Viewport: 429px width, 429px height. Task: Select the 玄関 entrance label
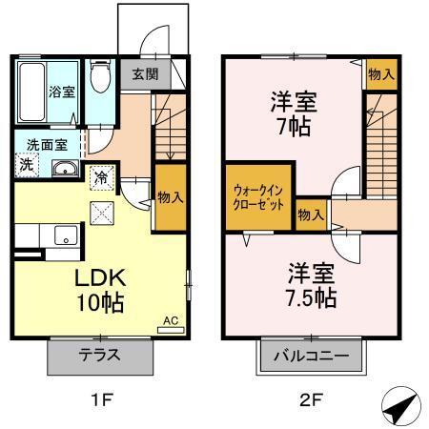[x=145, y=74]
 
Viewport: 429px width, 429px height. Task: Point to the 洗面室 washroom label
[x=46, y=146]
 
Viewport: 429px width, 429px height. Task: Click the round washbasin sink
[x=66, y=170]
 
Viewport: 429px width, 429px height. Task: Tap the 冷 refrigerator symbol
[x=100, y=176]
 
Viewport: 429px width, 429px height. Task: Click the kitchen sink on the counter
[x=65, y=235]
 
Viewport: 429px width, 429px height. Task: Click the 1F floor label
[x=101, y=400]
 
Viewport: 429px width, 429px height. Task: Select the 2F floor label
[x=309, y=400]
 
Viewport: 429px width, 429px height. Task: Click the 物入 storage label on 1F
[x=171, y=197]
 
